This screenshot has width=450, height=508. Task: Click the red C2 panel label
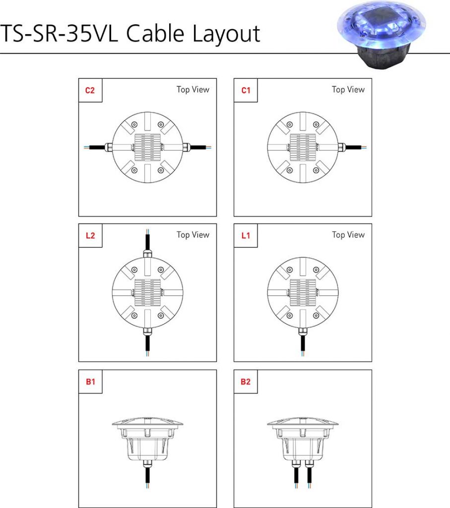90,90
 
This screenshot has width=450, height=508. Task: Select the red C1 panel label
245,90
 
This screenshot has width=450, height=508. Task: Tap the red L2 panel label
90,236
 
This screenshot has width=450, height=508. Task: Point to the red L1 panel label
245,236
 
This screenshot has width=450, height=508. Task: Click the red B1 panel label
90,382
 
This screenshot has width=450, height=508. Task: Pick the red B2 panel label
245,382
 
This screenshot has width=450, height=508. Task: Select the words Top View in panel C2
193,90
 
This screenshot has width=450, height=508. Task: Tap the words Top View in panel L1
348,235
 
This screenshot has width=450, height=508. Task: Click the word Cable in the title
157,34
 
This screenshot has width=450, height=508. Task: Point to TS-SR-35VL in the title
60,34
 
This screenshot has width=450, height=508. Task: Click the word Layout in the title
226,34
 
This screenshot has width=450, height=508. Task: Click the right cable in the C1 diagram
353,147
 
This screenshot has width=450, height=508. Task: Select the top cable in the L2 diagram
147,240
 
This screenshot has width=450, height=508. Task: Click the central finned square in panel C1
303,147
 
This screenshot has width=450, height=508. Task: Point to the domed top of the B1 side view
147,422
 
